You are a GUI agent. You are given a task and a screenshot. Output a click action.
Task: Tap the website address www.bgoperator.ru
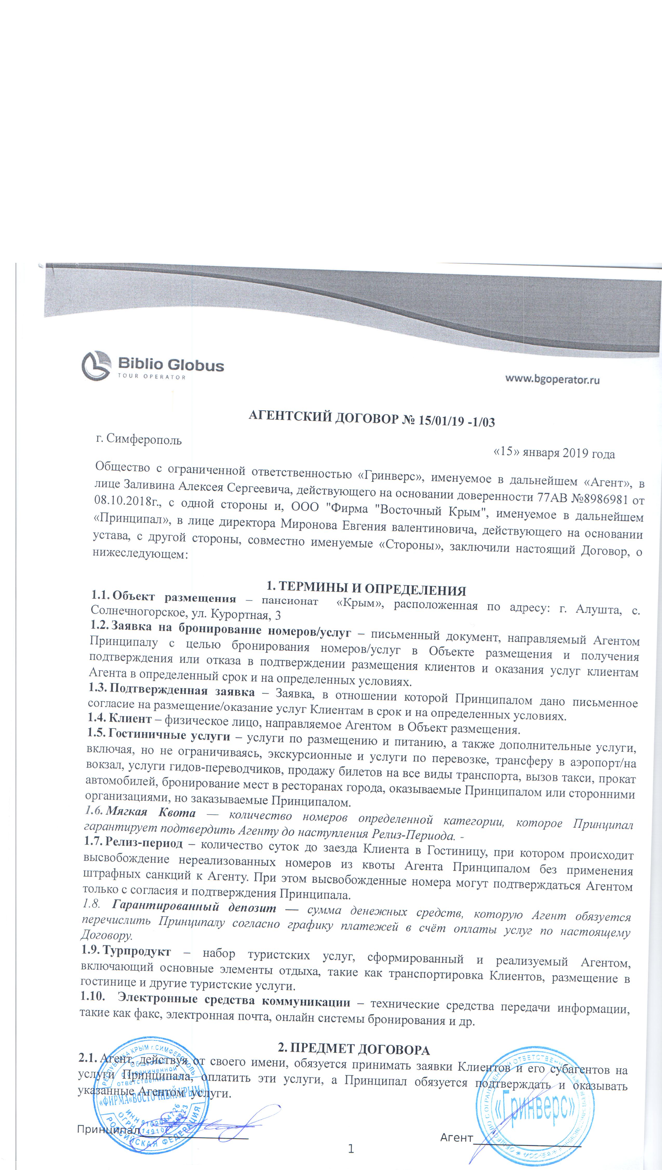pyautogui.click(x=552, y=379)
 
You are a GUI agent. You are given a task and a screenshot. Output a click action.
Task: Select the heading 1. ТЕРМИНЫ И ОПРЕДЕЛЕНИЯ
pyautogui.click(x=366, y=589)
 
